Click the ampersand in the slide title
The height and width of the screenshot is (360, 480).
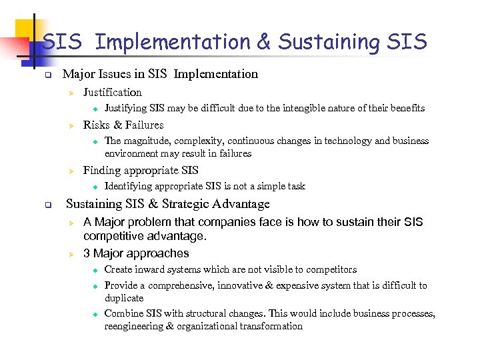pyautogui.click(x=263, y=42)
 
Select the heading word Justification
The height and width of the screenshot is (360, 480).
pyautogui.click(x=112, y=93)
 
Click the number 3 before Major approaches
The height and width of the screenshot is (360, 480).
pyautogui.click(x=87, y=253)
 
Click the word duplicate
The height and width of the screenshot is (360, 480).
pyautogui.click(x=124, y=298)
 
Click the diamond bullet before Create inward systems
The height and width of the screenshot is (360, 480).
pyautogui.click(x=95, y=270)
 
